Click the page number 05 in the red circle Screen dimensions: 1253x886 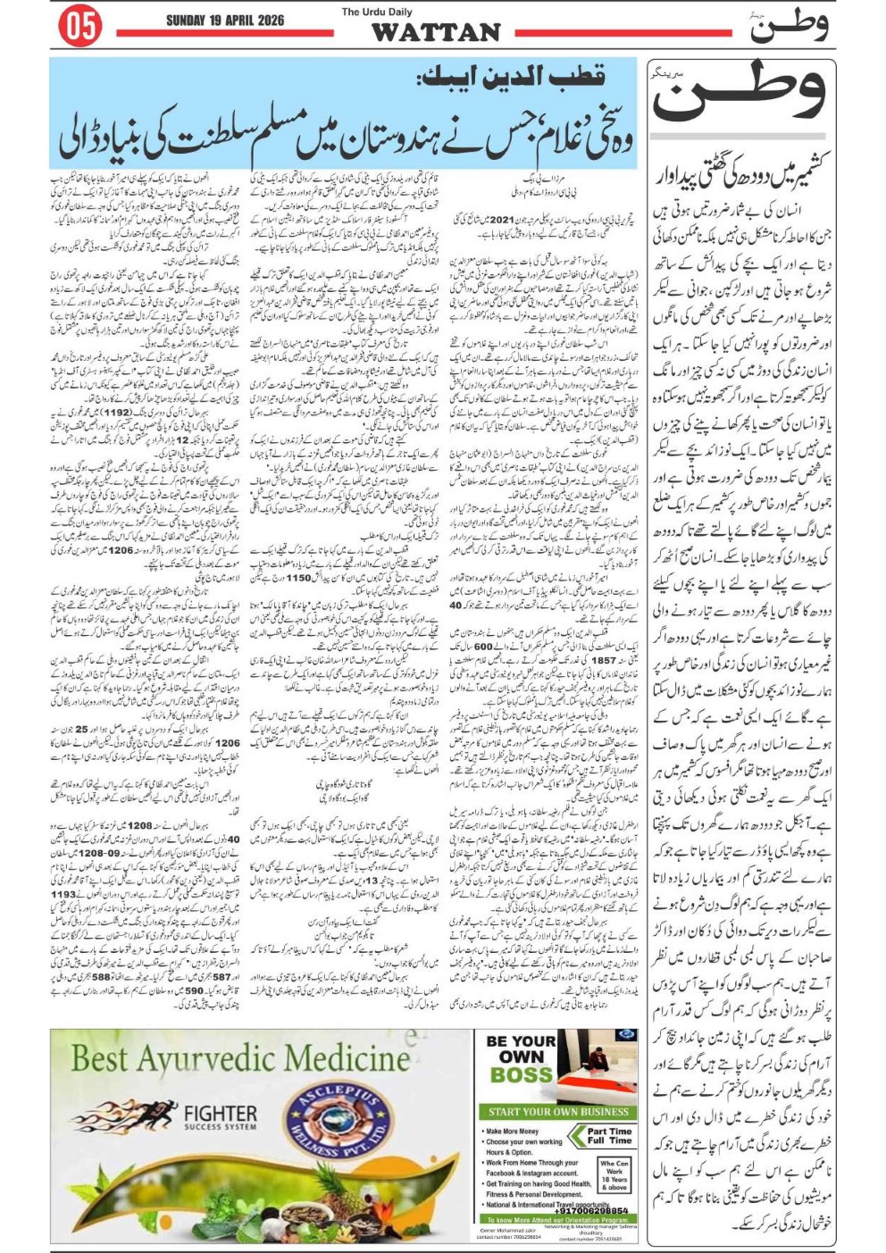pos(80,27)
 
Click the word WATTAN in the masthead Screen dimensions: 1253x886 pos(435,32)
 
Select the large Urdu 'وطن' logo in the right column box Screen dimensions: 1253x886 pos(740,94)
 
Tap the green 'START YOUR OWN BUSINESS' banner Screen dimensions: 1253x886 pos(558,1112)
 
